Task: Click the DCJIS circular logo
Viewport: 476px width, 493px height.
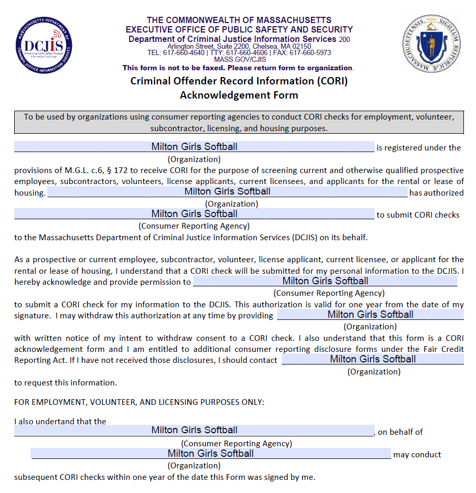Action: (44, 45)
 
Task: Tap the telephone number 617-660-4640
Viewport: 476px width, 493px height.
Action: (183, 53)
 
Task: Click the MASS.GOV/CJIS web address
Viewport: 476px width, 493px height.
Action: (239, 60)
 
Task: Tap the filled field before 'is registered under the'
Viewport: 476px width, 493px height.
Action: (194, 147)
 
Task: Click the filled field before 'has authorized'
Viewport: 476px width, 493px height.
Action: (227, 191)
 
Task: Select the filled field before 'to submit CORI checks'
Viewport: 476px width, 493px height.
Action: (194, 214)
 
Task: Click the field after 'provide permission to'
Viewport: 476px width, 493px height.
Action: (325, 281)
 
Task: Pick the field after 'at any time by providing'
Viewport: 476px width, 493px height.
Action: (371, 315)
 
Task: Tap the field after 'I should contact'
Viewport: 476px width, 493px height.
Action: (373, 359)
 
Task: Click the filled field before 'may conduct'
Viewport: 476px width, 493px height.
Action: (210, 454)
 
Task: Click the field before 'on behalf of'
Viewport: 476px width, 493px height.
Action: (194, 430)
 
